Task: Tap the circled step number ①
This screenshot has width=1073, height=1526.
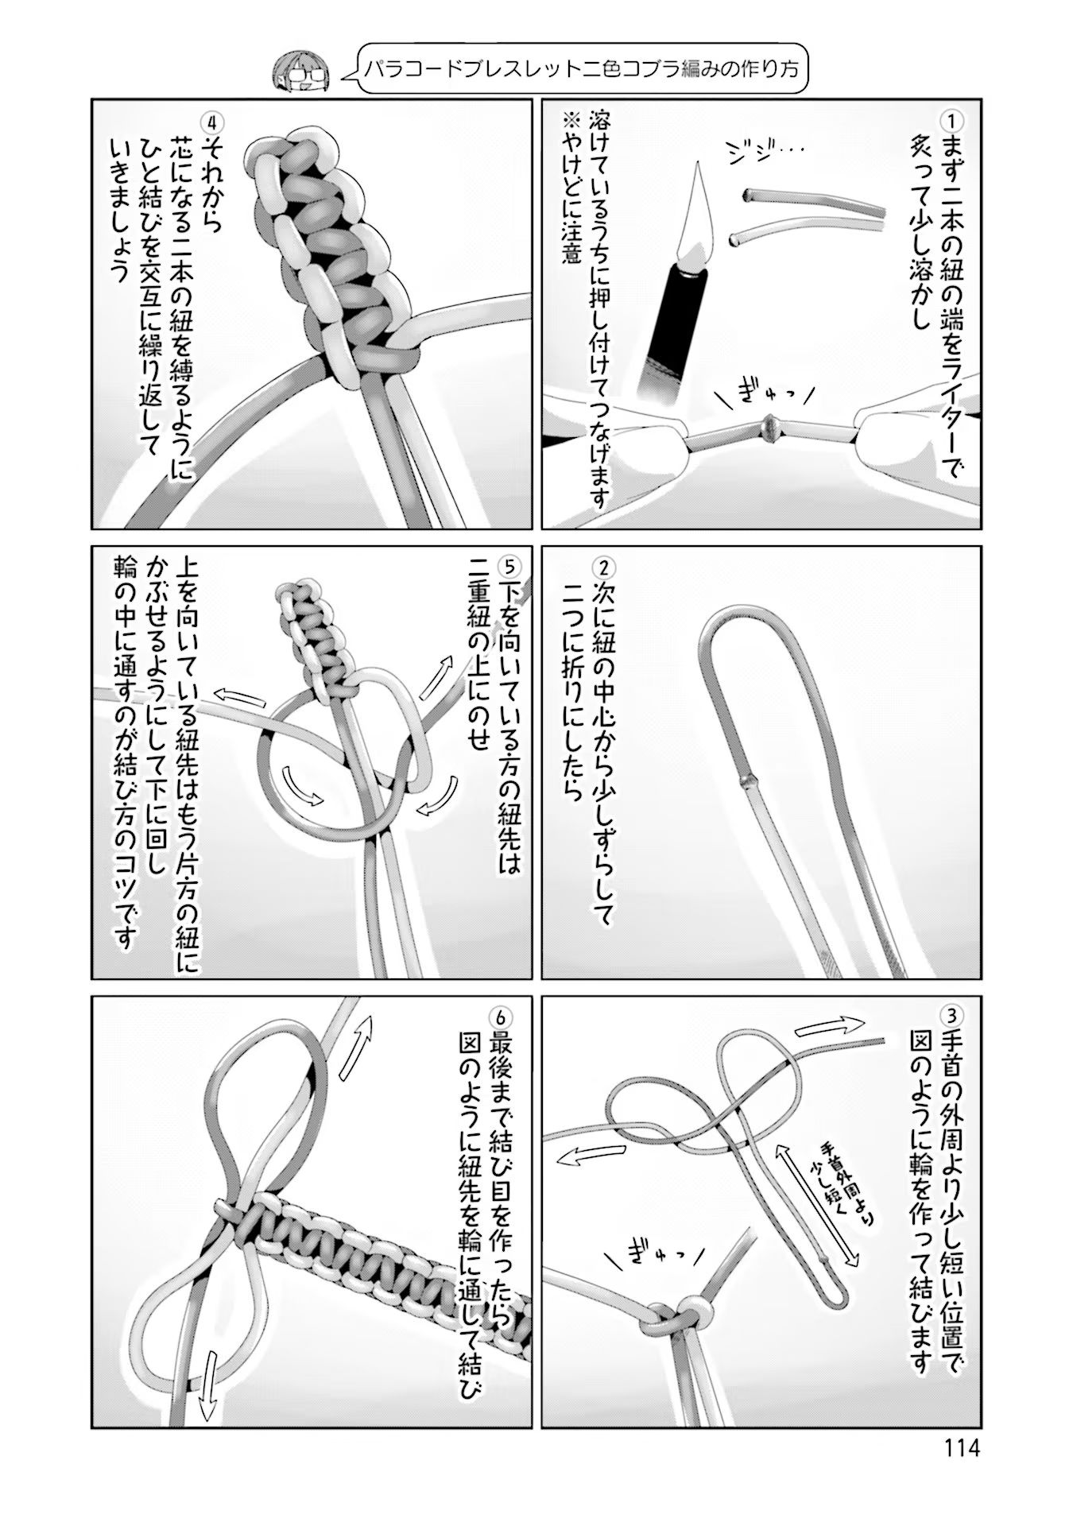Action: [x=951, y=122]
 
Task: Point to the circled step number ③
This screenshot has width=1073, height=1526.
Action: [x=951, y=1016]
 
